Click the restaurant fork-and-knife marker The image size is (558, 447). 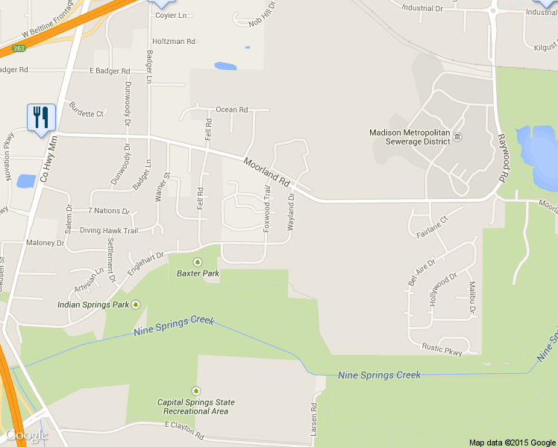click(x=40, y=118)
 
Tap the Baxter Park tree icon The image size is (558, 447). click(x=198, y=261)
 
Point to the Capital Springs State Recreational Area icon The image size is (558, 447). click(x=196, y=390)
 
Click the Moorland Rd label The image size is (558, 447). click(x=266, y=171)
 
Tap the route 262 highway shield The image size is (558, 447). click(x=19, y=49)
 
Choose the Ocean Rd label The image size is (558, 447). click(x=231, y=110)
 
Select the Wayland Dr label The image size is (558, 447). click(x=292, y=208)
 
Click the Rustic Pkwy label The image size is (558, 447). click(x=442, y=347)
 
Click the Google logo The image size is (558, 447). click(x=27, y=435)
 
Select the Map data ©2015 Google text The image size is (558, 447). click(x=512, y=443)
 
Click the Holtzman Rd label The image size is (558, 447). click(x=173, y=42)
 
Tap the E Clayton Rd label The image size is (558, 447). click(x=184, y=429)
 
